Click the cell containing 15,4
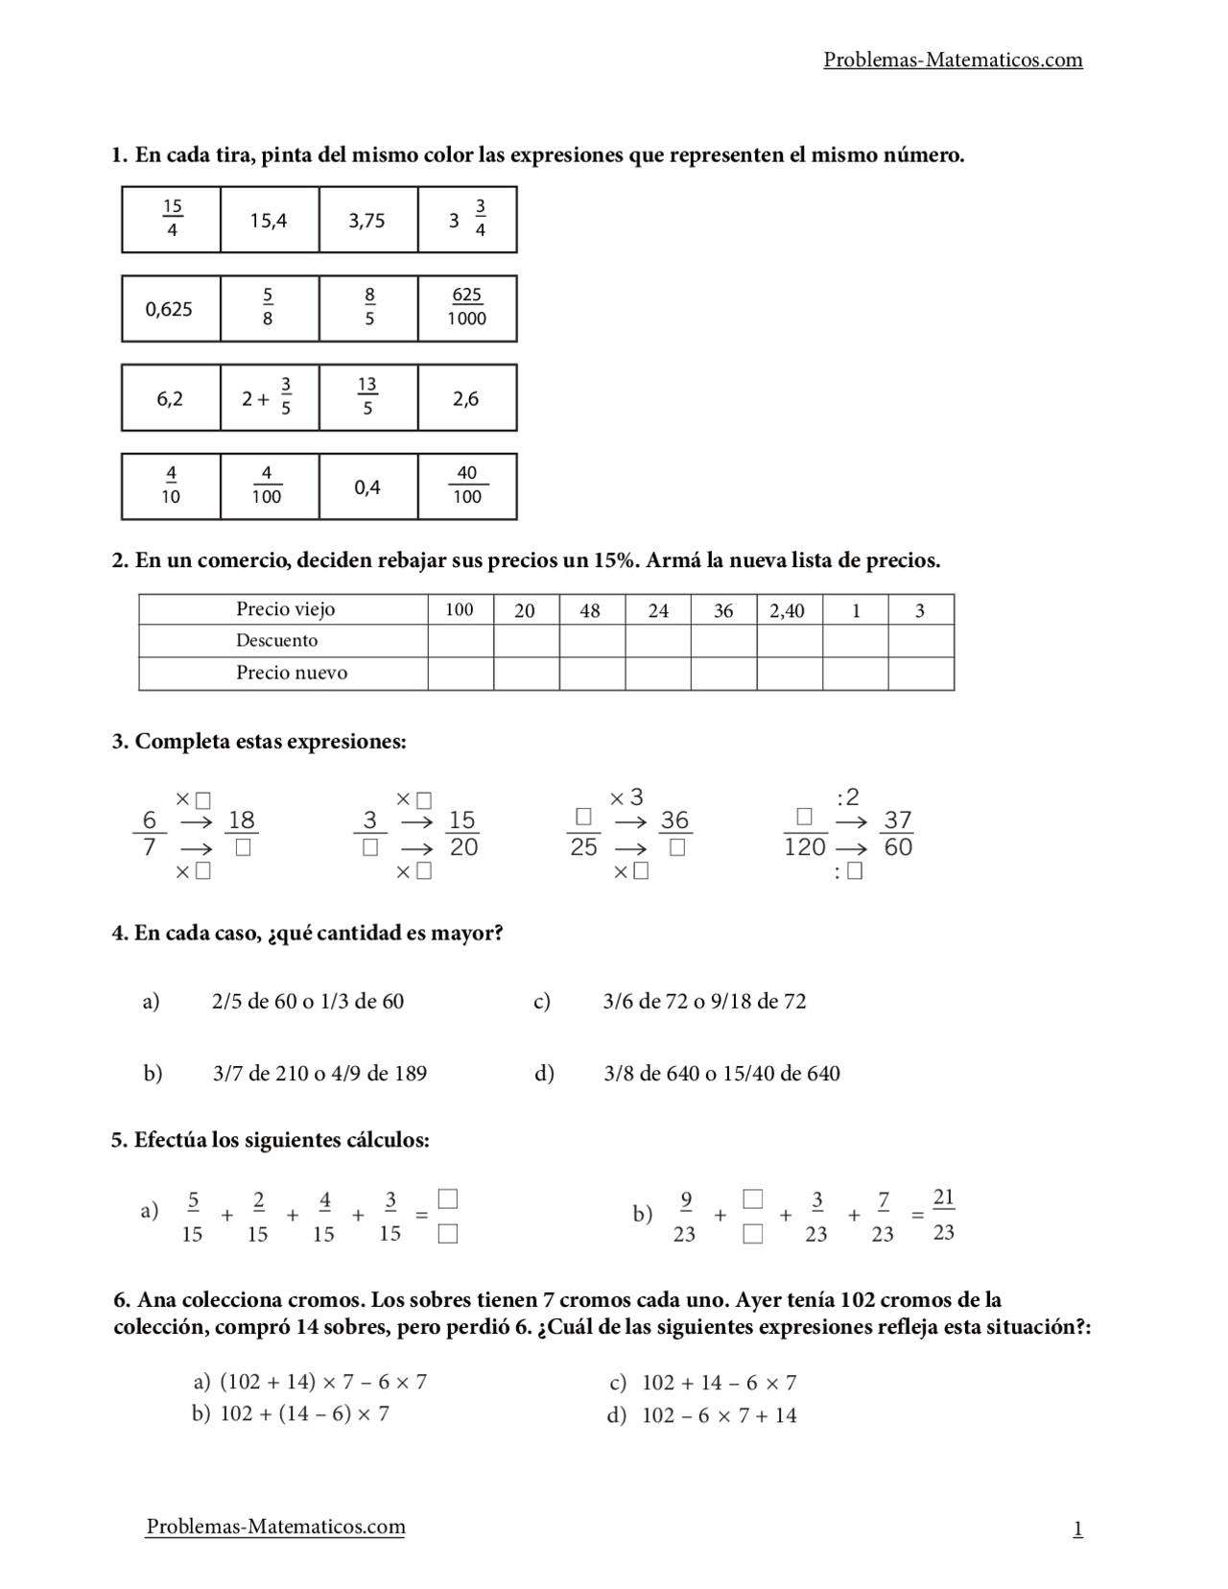pos(269,221)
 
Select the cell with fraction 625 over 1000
pos(467,308)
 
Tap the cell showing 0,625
pos(170,309)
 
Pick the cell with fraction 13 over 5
pos(367,396)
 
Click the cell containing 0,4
pos(367,487)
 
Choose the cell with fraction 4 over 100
pos(268,486)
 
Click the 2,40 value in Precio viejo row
pos(788,610)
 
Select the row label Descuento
pos(276,640)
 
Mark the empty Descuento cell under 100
pos(460,641)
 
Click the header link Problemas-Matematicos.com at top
pos(953,60)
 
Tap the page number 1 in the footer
pos(1077,1529)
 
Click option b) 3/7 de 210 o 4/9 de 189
pos(319,1073)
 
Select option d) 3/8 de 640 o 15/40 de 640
pos(721,1073)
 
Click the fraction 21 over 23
pos(943,1214)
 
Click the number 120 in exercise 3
pos(804,846)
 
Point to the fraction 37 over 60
pos(898,833)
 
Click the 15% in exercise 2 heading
pos(612,560)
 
